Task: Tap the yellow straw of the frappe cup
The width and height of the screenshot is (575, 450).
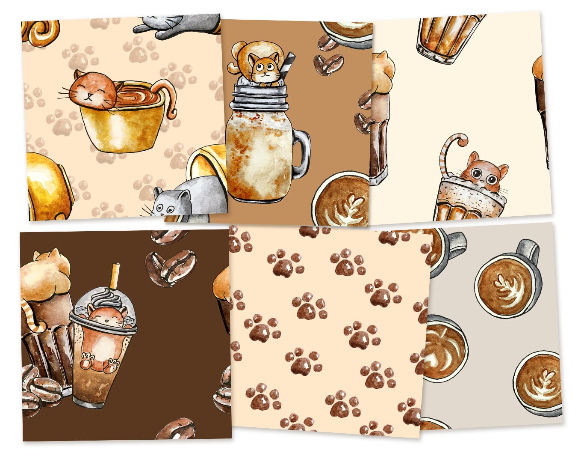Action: coord(115,277)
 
